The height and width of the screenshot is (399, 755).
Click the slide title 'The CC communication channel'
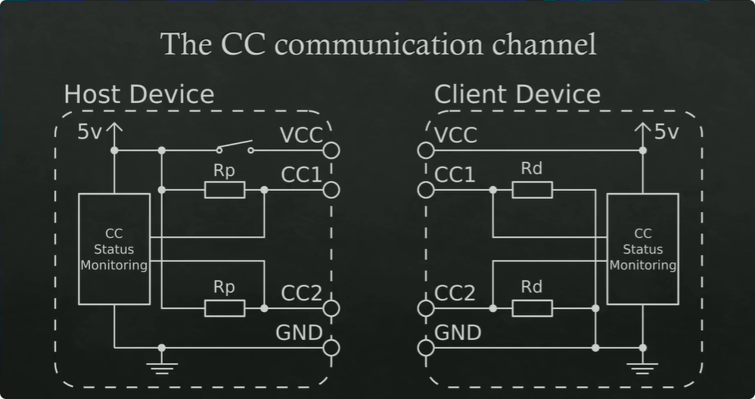pyautogui.click(x=379, y=44)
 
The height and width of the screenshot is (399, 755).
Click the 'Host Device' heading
pyautogui.click(x=138, y=95)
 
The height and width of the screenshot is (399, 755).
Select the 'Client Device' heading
pyautogui.click(x=517, y=95)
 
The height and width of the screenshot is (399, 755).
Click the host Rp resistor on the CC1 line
pyautogui.click(x=225, y=189)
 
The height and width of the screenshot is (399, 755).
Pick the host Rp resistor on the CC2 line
pyautogui.click(x=225, y=308)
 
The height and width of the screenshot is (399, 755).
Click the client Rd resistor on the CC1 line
pyautogui.click(x=532, y=189)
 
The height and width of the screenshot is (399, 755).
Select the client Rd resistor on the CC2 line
pyautogui.click(x=532, y=308)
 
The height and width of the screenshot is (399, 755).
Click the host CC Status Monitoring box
pyautogui.click(x=113, y=248)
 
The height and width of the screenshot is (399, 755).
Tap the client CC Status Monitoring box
pyautogui.click(x=642, y=248)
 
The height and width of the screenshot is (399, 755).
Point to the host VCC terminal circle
pyautogui.click(x=331, y=150)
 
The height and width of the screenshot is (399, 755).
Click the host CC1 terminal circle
pyautogui.click(x=331, y=189)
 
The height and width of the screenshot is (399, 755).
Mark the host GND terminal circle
pyautogui.click(x=331, y=348)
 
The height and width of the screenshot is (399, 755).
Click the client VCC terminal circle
pyautogui.click(x=426, y=150)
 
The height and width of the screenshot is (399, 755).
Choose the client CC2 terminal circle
pyautogui.click(x=426, y=308)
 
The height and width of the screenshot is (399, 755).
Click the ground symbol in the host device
pyautogui.click(x=161, y=366)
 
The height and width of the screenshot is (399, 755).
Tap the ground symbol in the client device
pyautogui.click(x=642, y=366)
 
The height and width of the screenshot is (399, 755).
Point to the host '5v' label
pyautogui.click(x=90, y=132)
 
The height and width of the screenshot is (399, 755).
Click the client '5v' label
pyautogui.click(x=666, y=132)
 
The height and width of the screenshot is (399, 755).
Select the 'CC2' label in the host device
pyautogui.click(x=301, y=293)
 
